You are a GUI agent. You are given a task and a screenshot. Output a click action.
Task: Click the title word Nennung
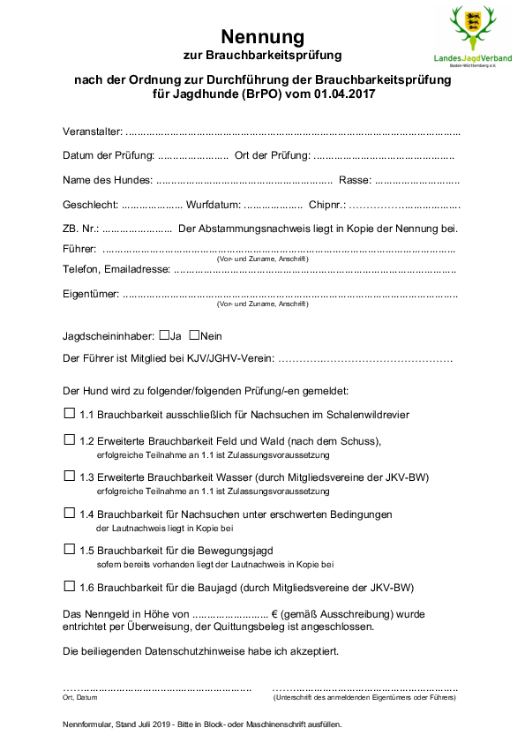click(262, 36)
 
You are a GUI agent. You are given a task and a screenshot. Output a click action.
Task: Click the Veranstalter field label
click(93, 131)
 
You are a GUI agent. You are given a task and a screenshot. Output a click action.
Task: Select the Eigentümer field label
click(91, 294)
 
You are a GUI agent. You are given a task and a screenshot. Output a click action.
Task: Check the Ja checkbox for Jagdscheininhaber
click(164, 335)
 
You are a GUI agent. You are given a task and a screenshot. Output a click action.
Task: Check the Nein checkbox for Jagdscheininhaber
click(194, 335)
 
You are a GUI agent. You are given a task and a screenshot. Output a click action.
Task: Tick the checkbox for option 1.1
click(70, 412)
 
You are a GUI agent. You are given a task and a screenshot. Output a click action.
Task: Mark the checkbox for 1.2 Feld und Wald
click(70, 439)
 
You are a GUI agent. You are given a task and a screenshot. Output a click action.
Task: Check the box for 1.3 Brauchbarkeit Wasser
click(70, 475)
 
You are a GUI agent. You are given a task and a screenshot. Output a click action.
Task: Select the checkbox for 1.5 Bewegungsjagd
click(70, 548)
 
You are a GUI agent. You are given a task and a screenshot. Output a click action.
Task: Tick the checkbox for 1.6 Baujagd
click(70, 585)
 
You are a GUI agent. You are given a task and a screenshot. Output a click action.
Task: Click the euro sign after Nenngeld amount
click(275, 613)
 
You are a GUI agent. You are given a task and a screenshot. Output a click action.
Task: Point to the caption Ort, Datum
click(80, 697)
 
